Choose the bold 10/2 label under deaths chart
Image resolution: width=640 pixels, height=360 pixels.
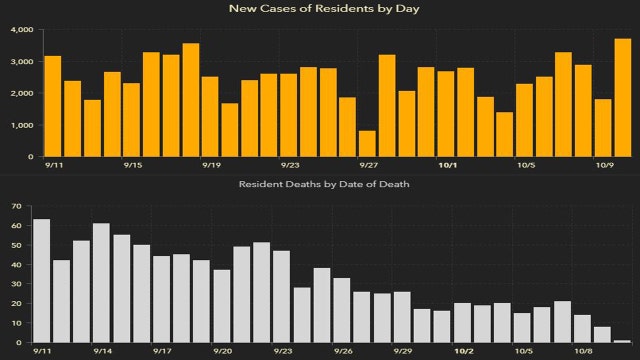coord(464,352)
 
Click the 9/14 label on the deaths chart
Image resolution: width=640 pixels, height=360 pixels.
coord(101,352)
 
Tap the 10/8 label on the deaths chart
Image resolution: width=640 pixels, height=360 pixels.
coord(582,352)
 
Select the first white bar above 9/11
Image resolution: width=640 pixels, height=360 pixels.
coord(42,281)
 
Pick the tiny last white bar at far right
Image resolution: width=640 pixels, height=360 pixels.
coord(622,342)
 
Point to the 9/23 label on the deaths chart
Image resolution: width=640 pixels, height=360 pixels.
coord(282,352)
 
